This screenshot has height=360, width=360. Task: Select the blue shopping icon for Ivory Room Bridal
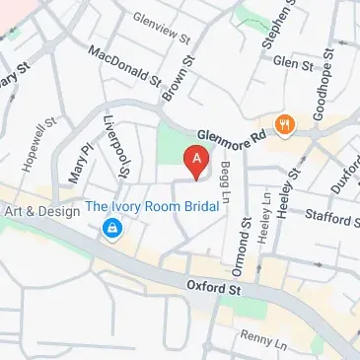pyautogui.click(x=111, y=229)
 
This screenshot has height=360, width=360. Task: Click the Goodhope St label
pyautogui.click(x=322, y=94)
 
